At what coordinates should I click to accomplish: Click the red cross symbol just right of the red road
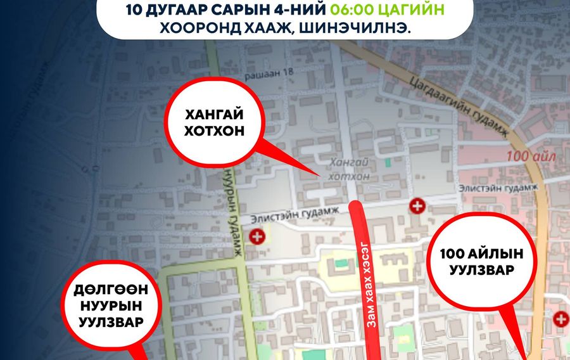click(x=417, y=205)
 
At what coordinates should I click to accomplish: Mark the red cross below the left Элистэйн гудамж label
click(x=257, y=238)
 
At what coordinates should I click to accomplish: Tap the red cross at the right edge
click(x=560, y=319)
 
